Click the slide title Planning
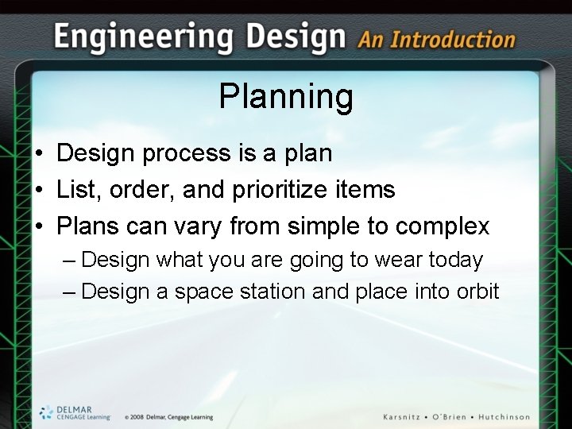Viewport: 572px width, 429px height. [x=286, y=97]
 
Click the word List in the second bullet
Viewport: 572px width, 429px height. [x=74, y=190]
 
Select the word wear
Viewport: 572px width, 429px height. [x=400, y=260]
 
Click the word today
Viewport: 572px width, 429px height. [x=455, y=260]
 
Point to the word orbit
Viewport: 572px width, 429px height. [x=476, y=292]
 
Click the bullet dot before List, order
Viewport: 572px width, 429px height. [x=38, y=191]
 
